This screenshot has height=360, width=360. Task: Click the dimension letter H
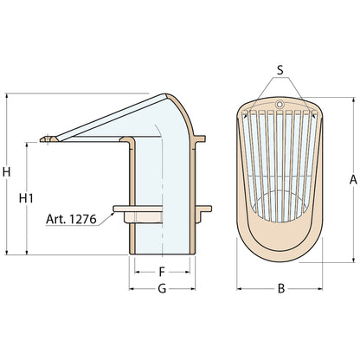(6, 172)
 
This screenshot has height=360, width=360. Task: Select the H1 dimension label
(26, 198)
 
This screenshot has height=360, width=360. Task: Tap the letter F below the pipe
(162, 272)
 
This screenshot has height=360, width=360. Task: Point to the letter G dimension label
(162, 288)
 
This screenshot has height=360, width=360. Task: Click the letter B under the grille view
(281, 288)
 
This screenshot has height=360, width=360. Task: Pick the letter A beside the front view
(353, 180)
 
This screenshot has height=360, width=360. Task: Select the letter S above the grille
(280, 70)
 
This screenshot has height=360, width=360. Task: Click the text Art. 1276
(71, 219)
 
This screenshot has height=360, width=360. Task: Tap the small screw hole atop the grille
(279, 104)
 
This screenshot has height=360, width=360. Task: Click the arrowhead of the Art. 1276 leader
(112, 214)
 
